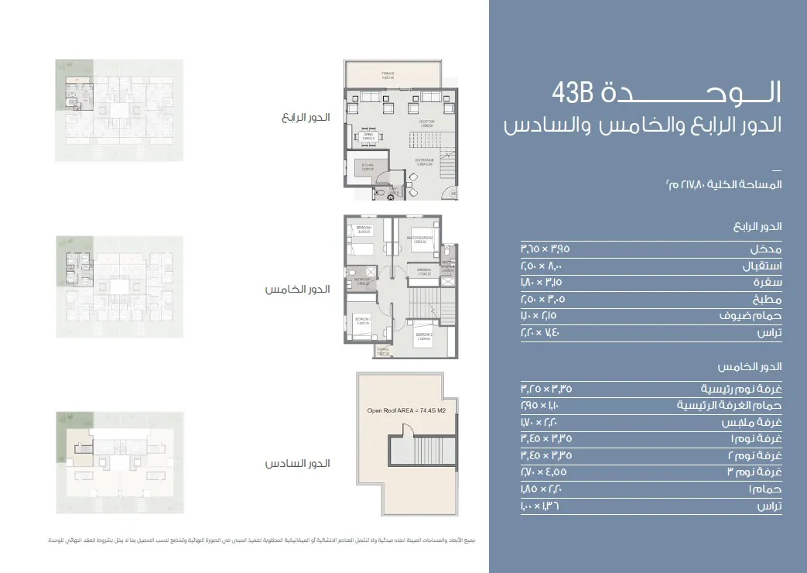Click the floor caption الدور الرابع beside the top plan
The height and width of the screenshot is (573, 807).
[306, 118]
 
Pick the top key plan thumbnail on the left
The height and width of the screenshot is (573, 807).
[119, 110]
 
